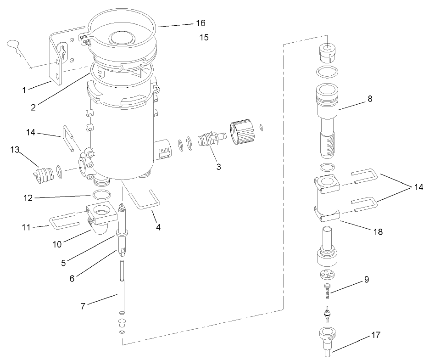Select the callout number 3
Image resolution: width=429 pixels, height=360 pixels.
click(218, 167)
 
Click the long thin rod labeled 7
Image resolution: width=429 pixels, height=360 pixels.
click(122, 287)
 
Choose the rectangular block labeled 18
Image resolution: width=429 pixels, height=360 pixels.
click(326, 198)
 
